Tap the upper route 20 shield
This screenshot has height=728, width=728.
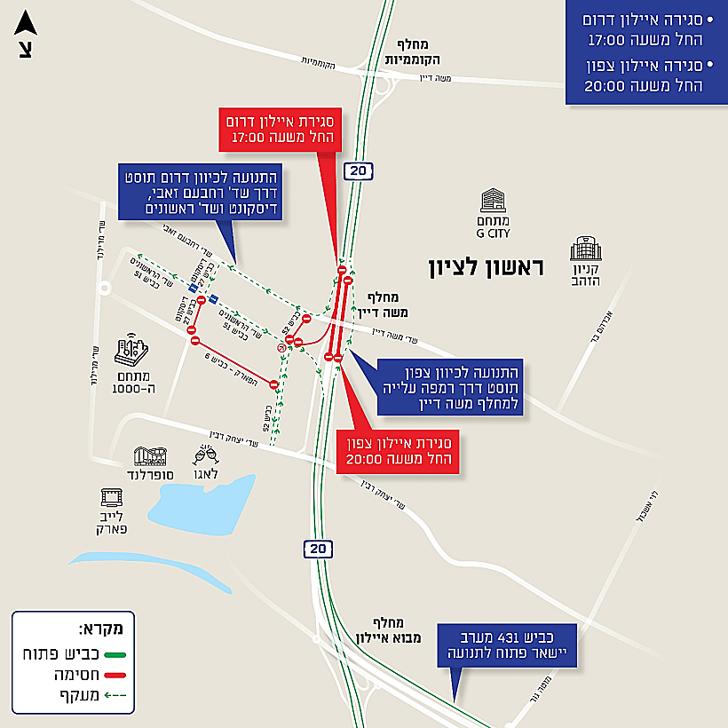tap(357, 171)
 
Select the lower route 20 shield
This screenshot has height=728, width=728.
tap(319, 549)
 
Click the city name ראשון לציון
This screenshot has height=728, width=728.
tap(486, 266)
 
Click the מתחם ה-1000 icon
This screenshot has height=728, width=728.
tap(131, 351)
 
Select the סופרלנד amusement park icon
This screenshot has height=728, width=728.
tap(148, 456)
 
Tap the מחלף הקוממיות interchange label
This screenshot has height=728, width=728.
tap(409, 53)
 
